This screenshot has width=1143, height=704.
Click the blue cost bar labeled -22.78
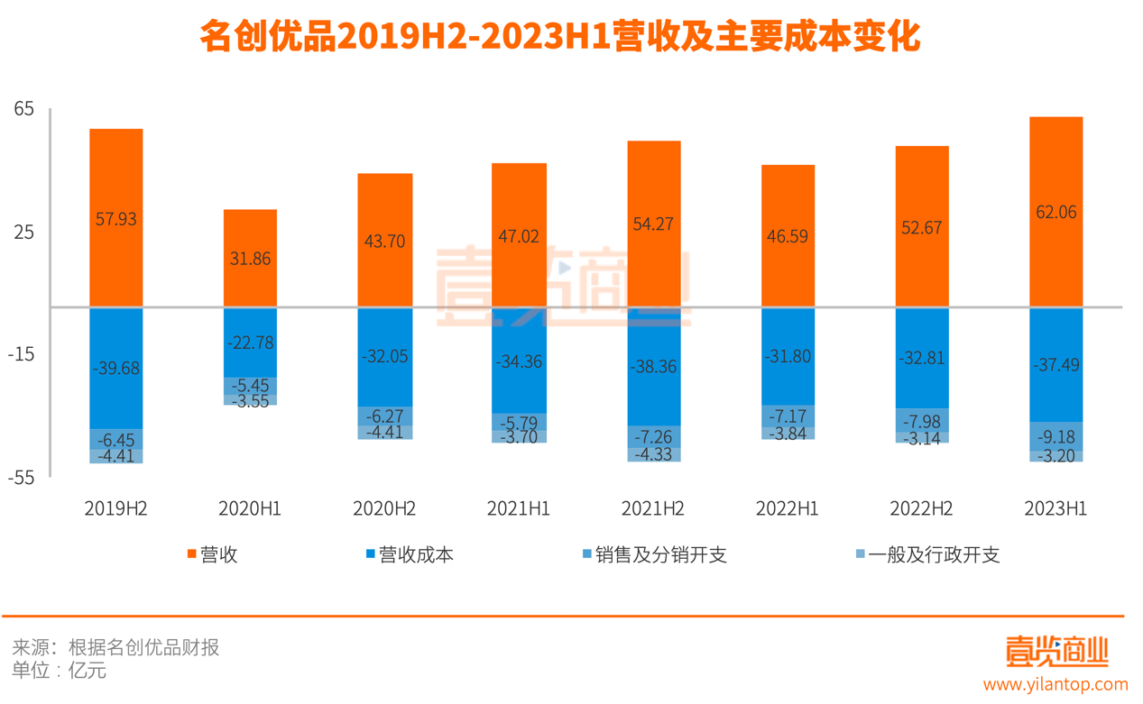[x=250, y=343]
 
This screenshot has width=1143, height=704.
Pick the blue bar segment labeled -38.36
[x=654, y=367]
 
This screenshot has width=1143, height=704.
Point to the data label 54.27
[x=654, y=224]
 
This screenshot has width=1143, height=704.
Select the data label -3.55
[x=250, y=401]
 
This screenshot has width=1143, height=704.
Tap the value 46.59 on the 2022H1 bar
[x=788, y=237]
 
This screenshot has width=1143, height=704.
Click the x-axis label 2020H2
[x=384, y=508]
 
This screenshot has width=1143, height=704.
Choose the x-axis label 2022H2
[x=921, y=508]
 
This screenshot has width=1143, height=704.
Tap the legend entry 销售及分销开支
[x=660, y=554]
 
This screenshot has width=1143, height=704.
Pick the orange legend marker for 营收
[x=191, y=554]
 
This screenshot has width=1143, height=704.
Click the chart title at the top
[x=559, y=38]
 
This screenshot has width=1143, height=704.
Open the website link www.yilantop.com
[x=1055, y=685]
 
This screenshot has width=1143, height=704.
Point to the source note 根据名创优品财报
[x=143, y=647]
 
